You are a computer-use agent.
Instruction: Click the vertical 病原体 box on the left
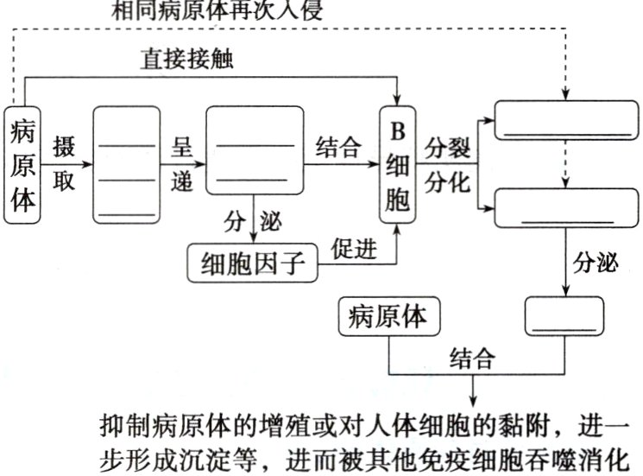24,164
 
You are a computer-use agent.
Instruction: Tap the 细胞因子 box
253,262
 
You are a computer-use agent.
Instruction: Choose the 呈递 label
181,164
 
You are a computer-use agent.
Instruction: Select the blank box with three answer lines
127,164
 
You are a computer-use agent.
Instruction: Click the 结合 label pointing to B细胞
338,146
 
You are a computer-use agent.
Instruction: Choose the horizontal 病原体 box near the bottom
389,316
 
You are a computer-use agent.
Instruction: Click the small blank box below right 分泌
564,316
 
